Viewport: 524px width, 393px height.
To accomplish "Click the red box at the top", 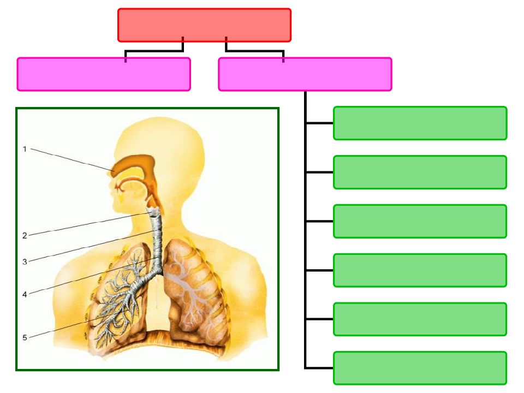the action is [x=204, y=25].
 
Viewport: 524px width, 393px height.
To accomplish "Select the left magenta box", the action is [x=104, y=74].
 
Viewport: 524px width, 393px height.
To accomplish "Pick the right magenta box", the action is [x=305, y=74].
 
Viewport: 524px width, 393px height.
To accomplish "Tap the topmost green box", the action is [x=420, y=123].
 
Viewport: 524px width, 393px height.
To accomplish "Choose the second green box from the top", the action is [x=420, y=172].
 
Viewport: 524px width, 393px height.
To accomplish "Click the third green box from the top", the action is [x=420, y=221].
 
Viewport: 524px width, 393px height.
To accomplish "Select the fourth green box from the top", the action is [x=420, y=270].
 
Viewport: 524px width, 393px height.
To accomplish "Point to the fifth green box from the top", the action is [x=420, y=319].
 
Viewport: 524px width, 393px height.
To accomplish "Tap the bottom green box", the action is [x=420, y=368].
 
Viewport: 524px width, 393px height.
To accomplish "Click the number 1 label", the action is [x=25, y=149].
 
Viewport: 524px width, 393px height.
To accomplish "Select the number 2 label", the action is [x=25, y=236].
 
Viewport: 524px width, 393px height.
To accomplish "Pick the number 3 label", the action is [x=25, y=261].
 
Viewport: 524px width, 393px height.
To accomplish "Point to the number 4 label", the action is [x=25, y=294].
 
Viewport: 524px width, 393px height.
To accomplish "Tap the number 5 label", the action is [x=25, y=337].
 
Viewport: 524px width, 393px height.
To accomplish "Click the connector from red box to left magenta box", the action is [x=154, y=51].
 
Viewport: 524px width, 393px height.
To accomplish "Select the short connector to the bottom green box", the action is [x=319, y=368].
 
